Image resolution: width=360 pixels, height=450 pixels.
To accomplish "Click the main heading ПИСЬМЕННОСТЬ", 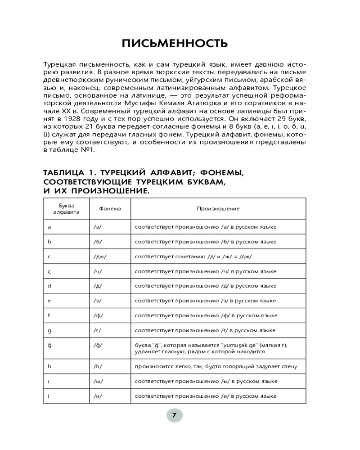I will [175, 44].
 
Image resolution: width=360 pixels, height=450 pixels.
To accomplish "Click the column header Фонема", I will [110, 209].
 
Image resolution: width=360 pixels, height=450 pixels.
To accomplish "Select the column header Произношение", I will [218, 209].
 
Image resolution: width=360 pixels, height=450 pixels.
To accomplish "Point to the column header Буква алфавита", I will [66, 209].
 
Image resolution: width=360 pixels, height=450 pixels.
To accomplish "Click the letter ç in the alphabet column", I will [49, 271].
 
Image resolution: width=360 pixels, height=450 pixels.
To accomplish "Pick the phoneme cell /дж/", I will [100, 256].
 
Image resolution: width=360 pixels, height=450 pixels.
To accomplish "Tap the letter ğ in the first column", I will [49, 345].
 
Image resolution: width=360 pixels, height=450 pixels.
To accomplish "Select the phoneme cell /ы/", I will [98, 381].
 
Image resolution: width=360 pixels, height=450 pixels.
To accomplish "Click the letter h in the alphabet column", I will [49, 366].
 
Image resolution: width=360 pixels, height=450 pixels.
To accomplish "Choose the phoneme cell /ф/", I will [98, 315].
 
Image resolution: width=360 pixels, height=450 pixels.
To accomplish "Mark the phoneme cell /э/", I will [98, 301].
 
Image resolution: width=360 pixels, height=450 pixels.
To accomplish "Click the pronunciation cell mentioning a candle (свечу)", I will [216, 367].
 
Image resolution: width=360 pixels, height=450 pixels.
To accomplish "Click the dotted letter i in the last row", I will [49, 396].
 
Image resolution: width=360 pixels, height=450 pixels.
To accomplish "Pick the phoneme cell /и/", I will [98, 396].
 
